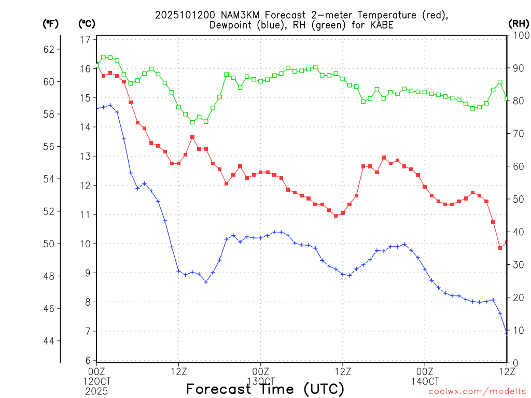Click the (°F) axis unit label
(x=51, y=24)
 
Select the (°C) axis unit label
(x=87, y=24)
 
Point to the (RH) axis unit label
(x=518, y=24)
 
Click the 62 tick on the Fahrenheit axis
(x=48, y=50)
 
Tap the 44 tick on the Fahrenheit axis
(x=48, y=341)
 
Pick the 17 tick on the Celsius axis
(x=86, y=39)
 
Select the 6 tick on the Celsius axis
(x=88, y=360)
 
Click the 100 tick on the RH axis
(x=519, y=35)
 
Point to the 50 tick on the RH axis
(x=517, y=199)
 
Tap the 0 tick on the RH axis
(x=514, y=363)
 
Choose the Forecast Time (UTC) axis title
(x=265, y=389)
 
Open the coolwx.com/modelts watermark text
(x=477, y=392)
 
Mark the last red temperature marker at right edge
(x=507, y=243)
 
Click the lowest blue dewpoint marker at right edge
(x=507, y=333)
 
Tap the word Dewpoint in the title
(x=231, y=25)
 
